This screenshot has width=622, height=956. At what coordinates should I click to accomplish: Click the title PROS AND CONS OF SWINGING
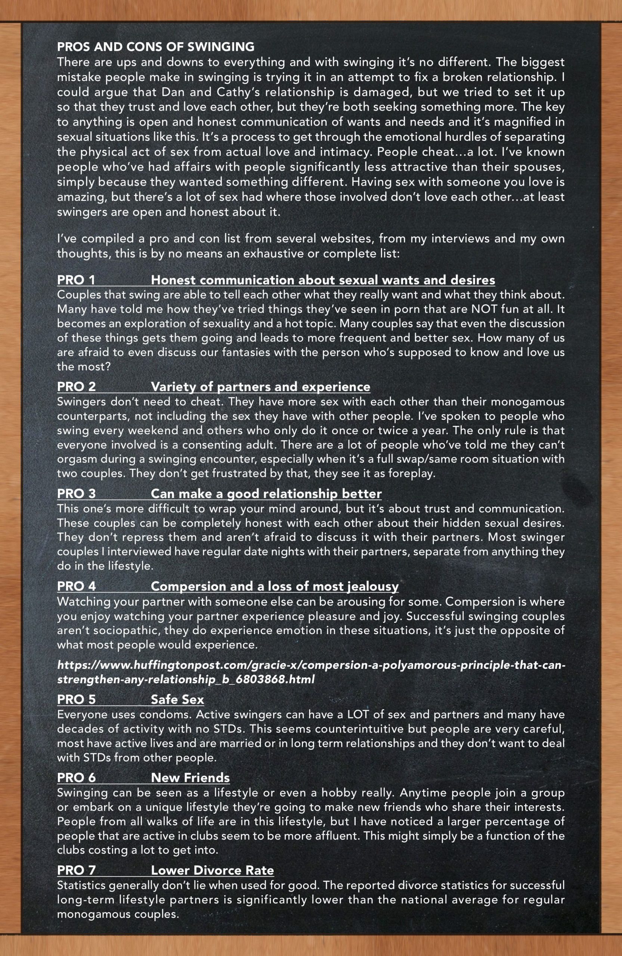point(155,47)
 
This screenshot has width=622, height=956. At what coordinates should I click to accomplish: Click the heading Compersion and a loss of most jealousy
point(275,586)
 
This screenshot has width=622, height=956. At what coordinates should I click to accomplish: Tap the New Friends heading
point(190,777)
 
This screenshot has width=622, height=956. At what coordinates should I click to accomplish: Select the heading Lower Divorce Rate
point(212,870)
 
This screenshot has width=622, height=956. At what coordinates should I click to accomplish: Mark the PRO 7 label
point(76,870)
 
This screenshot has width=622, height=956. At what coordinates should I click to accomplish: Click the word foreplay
point(411,474)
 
